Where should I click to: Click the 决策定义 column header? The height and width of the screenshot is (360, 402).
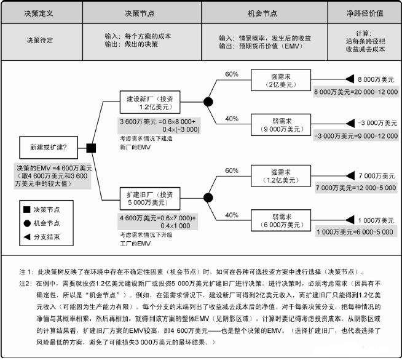pyautogui.click(x=40, y=12)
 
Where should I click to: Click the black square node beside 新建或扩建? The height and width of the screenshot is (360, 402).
pyautogui.click(x=92, y=148)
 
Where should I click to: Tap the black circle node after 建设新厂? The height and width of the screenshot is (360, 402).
pyautogui.click(x=208, y=102)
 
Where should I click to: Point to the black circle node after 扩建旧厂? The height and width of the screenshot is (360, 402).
pyautogui.click(x=208, y=198)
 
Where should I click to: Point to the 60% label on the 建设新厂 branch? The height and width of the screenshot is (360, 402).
pyautogui.click(x=231, y=74)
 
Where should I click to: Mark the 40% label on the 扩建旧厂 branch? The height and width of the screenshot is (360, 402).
pyautogui.click(x=231, y=215)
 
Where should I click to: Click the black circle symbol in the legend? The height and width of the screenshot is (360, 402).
pyautogui.click(x=27, y=223)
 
